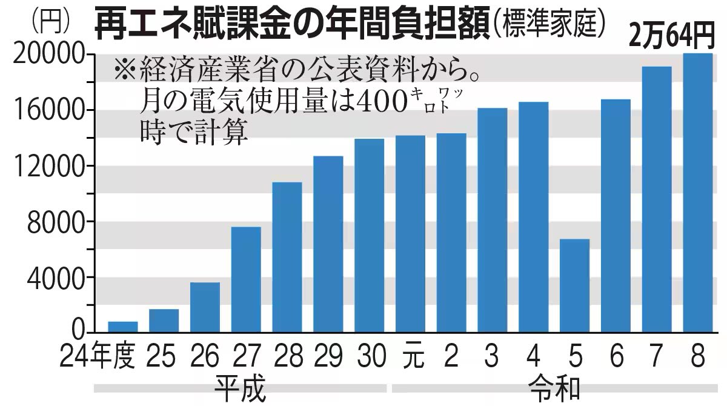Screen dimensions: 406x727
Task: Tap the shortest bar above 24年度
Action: pos(123,327)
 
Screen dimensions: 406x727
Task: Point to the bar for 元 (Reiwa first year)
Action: pos(410,234)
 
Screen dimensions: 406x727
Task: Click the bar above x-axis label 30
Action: pos(369,236)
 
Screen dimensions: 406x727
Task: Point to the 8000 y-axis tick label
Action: pos(55,222)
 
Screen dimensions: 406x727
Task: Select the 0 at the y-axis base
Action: pos(79,330)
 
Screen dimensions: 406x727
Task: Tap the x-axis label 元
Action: pos(410,358)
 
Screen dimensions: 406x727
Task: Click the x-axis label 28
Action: pos(287,358)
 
